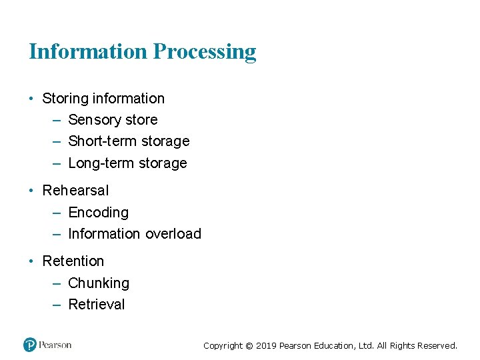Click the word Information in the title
(x=88, y=51)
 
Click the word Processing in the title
(x=205, y=52)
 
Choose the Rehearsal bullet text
(x=75, y=191)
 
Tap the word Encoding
(x=98, y=213)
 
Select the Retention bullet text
(x=73, y=261)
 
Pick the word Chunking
(x=99, y=283)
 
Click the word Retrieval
(x=97, y=305)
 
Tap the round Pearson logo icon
(x=29, y=345)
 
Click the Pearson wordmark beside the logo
(x=55, y=345)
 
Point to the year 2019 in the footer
(x=266, y=345)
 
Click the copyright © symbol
(x=249, y=345)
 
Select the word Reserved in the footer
(x=437, y=345)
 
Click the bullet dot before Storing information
(x=31, y=99)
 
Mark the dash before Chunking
(x=56, y=283)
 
